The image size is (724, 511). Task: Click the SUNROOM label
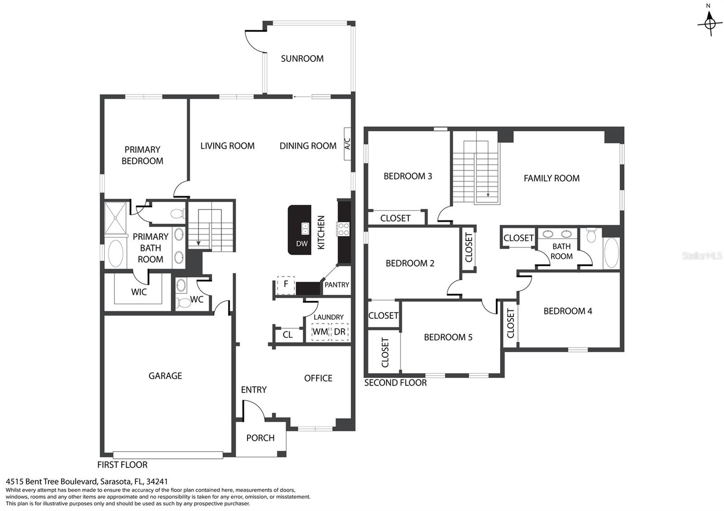(x=302, y=58)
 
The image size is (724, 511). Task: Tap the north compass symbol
(x=710, y=23)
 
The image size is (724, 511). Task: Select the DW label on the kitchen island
(x=302, y=244)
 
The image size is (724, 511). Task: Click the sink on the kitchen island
(x=305, y=228)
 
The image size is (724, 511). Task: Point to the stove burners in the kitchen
(x=343, y=229)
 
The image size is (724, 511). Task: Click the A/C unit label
(x=347, y=144)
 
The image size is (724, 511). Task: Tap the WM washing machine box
(x=320, y=332)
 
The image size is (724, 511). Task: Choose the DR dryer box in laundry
(x=339, y=332)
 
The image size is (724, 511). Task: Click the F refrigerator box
(x=286, y=285)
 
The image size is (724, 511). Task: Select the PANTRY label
(x=337, y=284)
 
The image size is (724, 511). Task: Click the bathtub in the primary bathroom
(x=115, y=253)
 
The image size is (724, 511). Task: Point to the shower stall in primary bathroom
(x=115, y=218)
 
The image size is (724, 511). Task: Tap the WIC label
(x=139, y=292)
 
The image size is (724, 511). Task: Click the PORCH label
(x=260, y=438)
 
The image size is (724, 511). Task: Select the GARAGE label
(x=165, y=376)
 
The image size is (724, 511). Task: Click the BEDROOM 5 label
(x=448, y=337)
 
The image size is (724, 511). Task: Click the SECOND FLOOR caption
(x=395, y=383)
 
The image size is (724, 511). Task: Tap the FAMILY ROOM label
(x=552, y=178)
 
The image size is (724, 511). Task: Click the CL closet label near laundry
(x=287, y=335)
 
